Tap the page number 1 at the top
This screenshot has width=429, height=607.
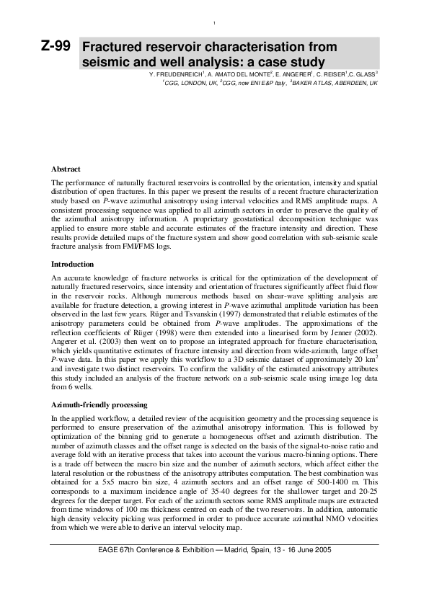point(214,24)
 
